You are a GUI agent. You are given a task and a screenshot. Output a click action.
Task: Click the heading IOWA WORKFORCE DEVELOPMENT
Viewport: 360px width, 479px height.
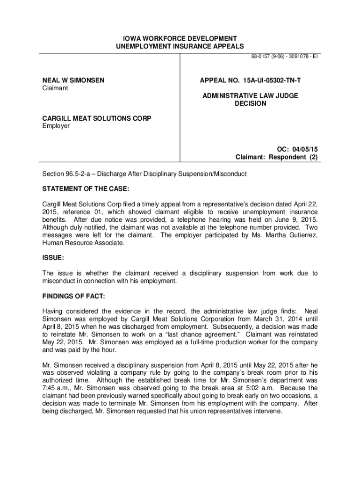point(180,38)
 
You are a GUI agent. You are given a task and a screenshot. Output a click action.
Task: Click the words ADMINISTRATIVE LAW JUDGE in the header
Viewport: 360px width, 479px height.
point(250,96)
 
